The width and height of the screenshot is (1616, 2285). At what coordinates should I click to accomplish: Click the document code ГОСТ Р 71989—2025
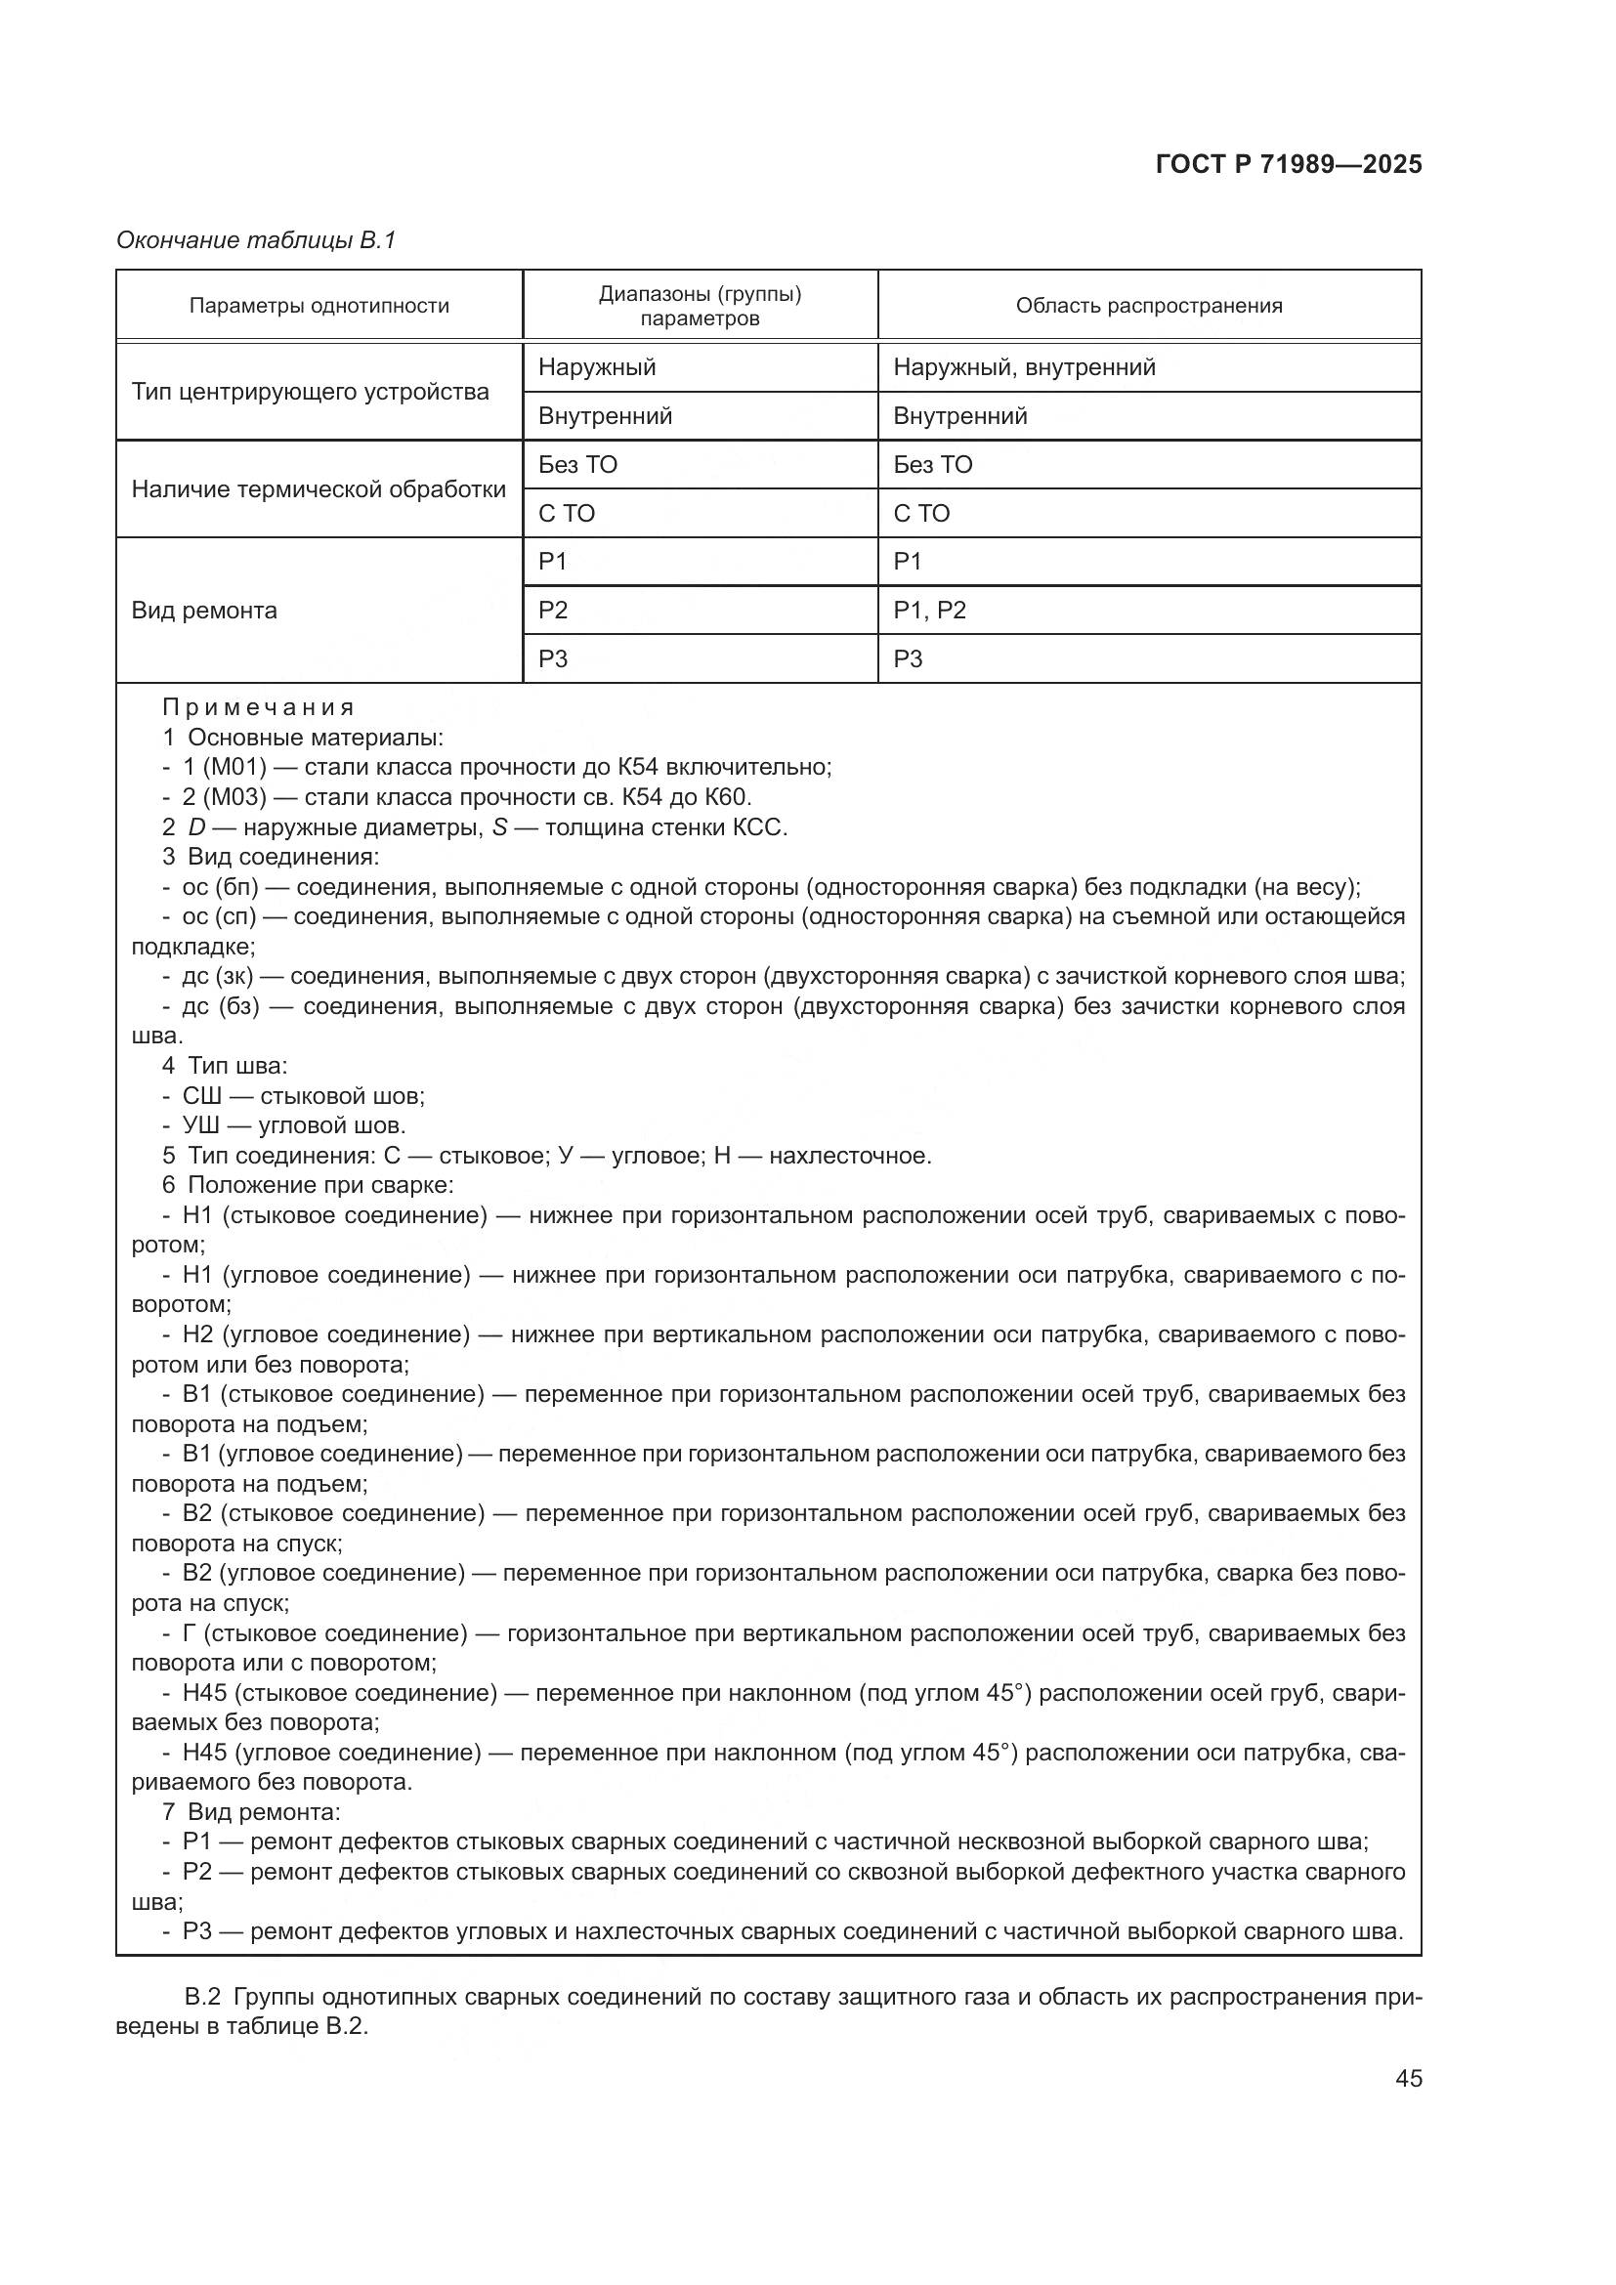pyautogui.click(x=1288, y=164)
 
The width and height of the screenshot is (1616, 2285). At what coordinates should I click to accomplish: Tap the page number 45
pyautogui.click(x=1407, y=2078)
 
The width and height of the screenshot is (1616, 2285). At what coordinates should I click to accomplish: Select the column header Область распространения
pyautogui.click(x=1148, y=306)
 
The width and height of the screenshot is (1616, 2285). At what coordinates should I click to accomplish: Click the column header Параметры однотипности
pyautogui.click(x=319, y=306)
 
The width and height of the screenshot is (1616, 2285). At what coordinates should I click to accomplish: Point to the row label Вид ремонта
pyautogui.click(x=204, y=610)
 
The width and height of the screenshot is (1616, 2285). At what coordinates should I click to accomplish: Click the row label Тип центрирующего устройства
pyautogui.click(x=310, y=391)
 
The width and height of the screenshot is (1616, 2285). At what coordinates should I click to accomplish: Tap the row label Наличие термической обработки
pyautogui.click(x=319, y=488)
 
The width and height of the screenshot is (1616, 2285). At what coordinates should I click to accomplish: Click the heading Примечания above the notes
pyautogui.click(x=259, y=707)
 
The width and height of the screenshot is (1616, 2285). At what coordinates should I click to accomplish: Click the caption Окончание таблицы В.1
pyautogui.click(x=256, y=240)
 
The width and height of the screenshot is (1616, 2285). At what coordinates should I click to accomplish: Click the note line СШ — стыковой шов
pyautogui.click(x=303, y=1096)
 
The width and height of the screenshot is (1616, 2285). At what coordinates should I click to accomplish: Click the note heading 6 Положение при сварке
pyautogui.click(x=308, y=1184)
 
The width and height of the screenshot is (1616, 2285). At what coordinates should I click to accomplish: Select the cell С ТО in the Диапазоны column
pyautogui.click(x=567, y=514)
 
